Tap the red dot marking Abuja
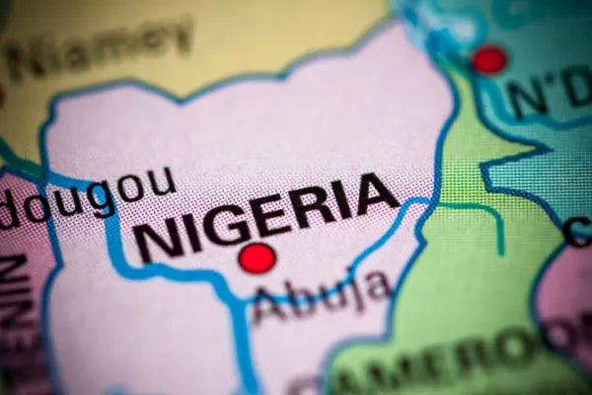tap(258, 259)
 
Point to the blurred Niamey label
tap(99, 49)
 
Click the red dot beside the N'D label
tap(488, 60)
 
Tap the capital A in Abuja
tap(267, 306)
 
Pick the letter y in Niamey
tap(178, 39)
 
